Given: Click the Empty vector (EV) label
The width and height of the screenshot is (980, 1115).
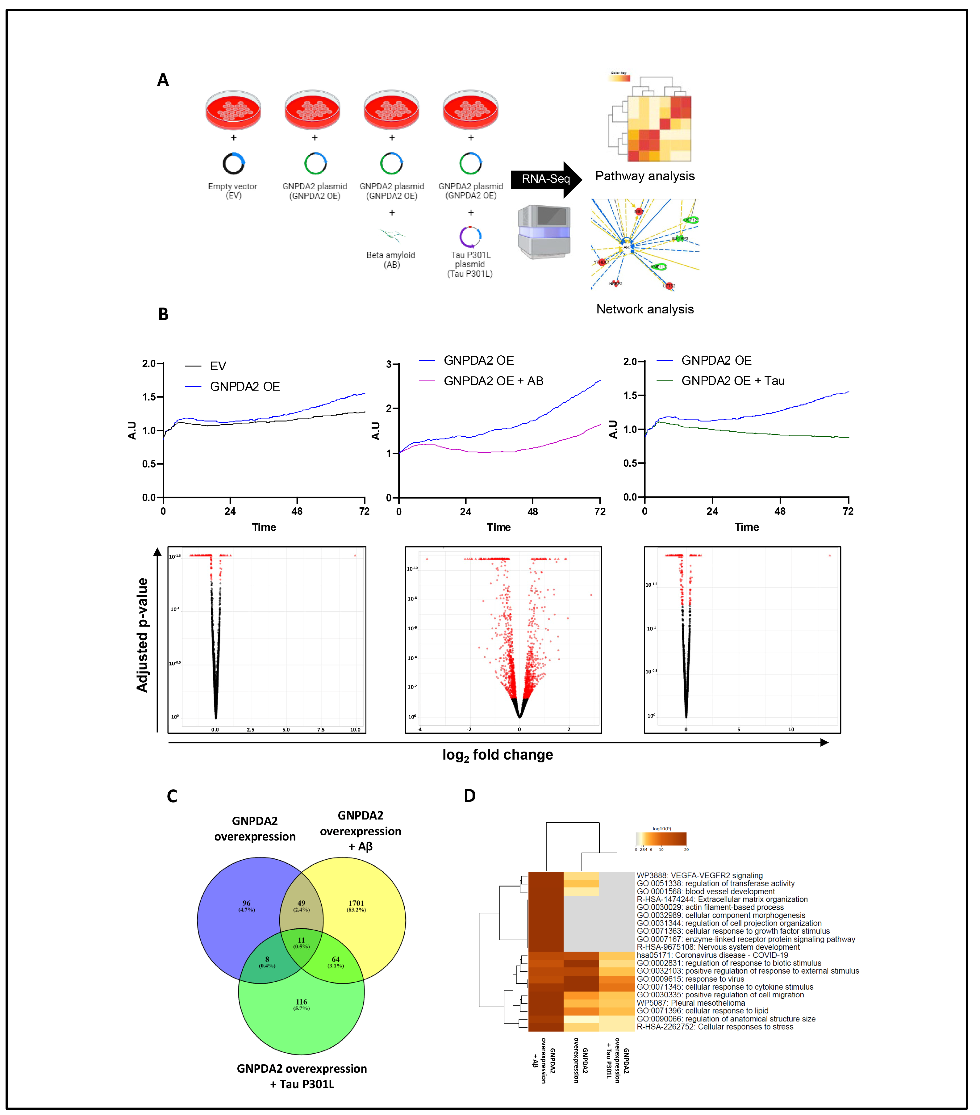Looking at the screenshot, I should (233, 191).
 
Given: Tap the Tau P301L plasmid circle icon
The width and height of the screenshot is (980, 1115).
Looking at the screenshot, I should (470, 236).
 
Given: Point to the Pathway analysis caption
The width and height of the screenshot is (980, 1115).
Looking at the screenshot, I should (644, 176).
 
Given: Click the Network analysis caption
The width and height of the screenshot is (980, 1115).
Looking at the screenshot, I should (644, 309).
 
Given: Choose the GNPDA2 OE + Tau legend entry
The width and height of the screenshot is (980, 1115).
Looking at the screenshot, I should (732, 381).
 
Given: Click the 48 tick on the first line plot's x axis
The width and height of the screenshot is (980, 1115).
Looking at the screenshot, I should (297, 511).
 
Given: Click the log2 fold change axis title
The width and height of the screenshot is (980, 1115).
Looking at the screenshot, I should (497, 755).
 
